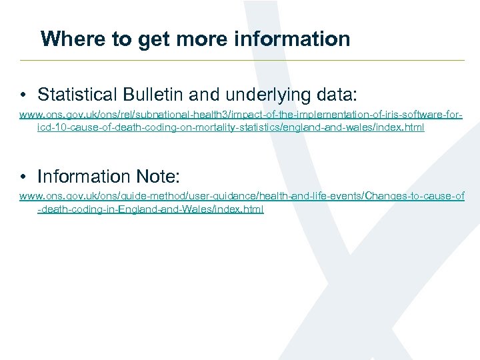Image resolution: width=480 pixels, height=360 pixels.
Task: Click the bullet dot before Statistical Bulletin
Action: tap(23, 94)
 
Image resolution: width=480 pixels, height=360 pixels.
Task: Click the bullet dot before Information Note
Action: tap(23, 177)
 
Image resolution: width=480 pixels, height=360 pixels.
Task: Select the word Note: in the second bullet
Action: tap(158, 177)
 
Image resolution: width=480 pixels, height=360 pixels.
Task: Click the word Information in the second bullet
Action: tap(84, 177)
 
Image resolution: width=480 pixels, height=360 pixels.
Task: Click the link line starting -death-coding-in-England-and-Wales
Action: tap(151, 209)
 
